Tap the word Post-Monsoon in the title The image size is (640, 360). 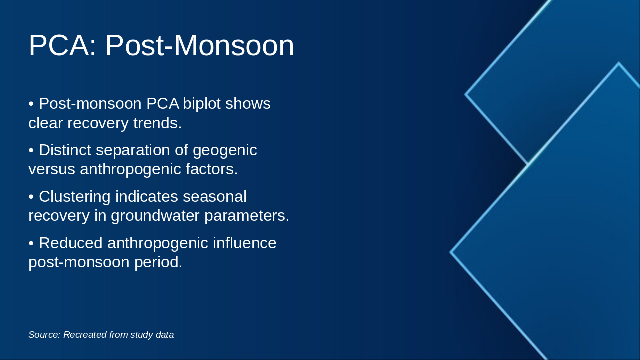pos(199,46)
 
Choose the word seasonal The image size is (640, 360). pos(215,196)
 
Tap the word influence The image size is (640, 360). pos(244,243)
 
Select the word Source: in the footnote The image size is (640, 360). pos(44,335)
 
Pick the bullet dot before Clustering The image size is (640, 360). pos(31,197)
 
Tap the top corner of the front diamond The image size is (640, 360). pos(618,63)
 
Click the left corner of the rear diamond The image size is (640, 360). pos(466,94)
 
